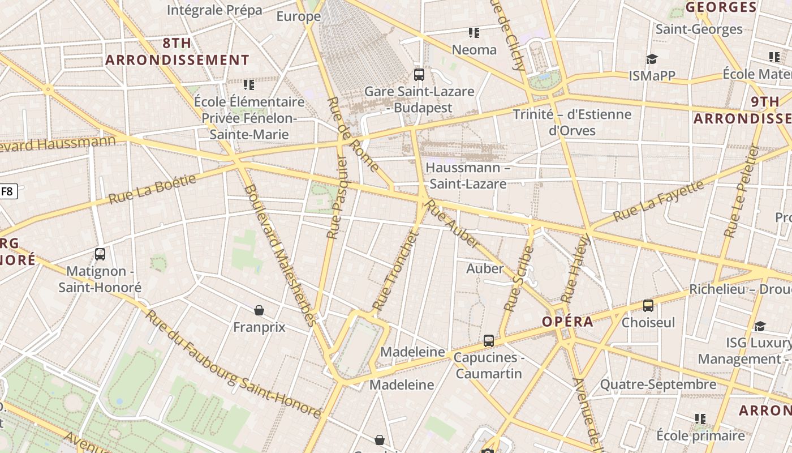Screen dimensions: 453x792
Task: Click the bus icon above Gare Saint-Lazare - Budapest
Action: click(x=419, y=74)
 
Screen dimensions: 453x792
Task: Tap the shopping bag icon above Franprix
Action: click(x=259, y=310)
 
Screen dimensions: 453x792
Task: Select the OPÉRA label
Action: click(x=567, y=322)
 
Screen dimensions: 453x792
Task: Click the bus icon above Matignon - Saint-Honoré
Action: click(x=100, y=254)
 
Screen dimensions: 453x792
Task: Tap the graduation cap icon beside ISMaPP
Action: click(x=652, y=59)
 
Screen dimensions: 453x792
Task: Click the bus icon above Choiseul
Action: click(x=648, y=306)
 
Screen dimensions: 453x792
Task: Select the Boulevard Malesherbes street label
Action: click(x=280, y=255)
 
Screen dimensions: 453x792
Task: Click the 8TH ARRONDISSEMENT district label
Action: click(x=177, y=52)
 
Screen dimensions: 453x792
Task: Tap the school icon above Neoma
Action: click(x=474, y=33)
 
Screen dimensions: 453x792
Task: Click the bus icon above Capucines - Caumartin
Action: click(x=489, y=341)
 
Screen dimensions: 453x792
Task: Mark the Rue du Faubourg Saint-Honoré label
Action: click(x=232, y=364)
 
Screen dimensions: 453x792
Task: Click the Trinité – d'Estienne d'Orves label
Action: click(x=572, y=122)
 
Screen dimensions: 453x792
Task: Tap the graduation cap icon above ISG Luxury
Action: click(x=760, y=326)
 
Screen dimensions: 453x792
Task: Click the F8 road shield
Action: click(x=7, y=191)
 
